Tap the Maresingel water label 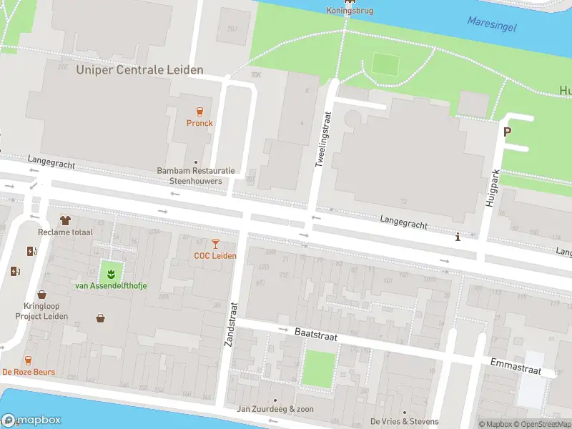point(491,24)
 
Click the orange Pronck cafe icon point(199,111)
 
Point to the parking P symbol point(508,132)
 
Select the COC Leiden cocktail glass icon point(215,244)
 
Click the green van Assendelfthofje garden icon point(111,272)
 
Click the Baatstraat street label point(315,334)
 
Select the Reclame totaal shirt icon point(65,220)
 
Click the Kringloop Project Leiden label point(46,311)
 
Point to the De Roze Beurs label point(29,373)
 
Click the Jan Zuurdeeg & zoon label point(275,410)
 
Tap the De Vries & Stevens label point(404,421)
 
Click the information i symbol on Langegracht point(458,237)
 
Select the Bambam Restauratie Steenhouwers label point(195,176)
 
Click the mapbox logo point(31,420)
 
